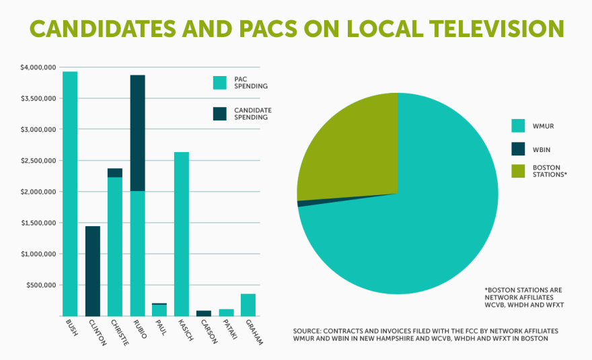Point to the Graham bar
point(248,305)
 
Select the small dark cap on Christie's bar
point(115,173)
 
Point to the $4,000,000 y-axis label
point(39,67)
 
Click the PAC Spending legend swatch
point(220,83)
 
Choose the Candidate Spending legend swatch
point(220,114)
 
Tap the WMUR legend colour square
point(518,125)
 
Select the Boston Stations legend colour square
point(518,171)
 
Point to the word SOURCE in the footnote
point(308,331)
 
